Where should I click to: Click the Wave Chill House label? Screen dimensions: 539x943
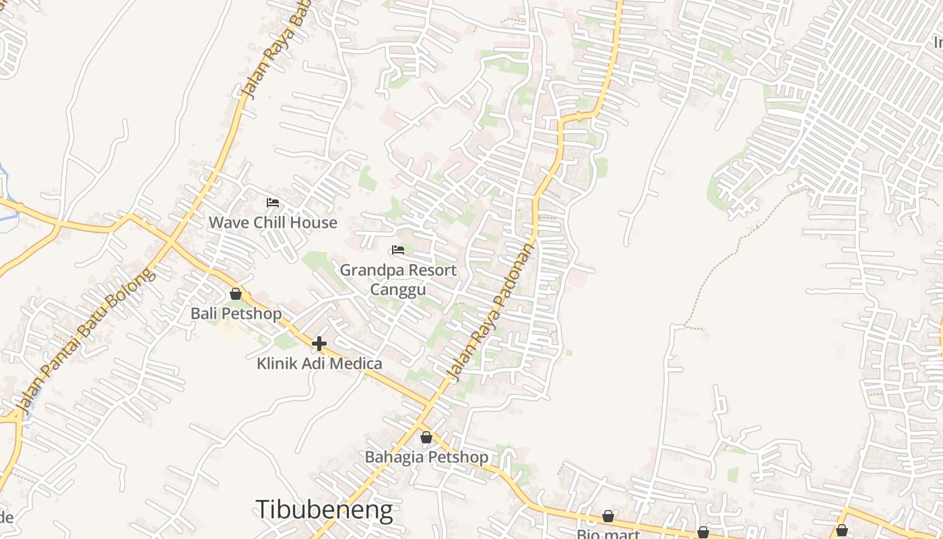point(273,222)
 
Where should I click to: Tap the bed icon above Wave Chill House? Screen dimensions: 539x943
point(273,202)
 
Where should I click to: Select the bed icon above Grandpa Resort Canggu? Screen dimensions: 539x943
point(398,250)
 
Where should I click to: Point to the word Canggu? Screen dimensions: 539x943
point(398,290)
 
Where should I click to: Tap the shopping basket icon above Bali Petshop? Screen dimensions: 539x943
point(236,294)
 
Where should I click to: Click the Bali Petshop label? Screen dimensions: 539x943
point(236,313)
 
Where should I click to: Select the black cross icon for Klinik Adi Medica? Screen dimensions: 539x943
point(319,344)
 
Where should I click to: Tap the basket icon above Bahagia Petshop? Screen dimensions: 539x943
point(426,438)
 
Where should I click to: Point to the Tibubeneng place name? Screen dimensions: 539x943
point(324,509)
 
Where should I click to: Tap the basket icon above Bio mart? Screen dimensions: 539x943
point(608,516)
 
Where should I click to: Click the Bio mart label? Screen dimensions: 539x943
point(608,534)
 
